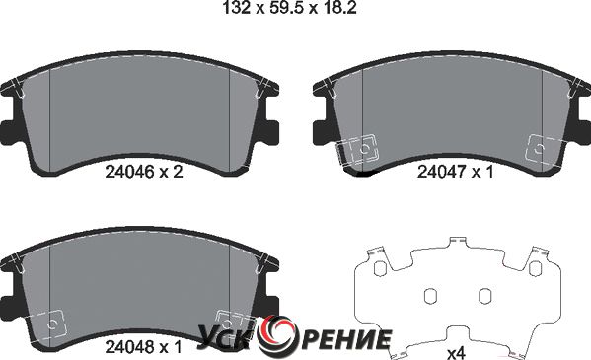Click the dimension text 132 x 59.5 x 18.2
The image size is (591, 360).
coord(289,8)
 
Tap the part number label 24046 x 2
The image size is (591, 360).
coord(144,172)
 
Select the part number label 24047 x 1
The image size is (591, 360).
coord(455,172)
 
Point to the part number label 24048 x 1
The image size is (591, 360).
coord(144,347)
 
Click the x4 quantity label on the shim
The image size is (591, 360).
coord(456,353)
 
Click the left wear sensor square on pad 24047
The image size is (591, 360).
coord(362,150)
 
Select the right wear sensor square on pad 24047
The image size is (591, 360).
coord(540,149)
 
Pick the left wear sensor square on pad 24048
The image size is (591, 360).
coord(52,324)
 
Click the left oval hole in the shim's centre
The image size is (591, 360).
coord(430,296)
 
